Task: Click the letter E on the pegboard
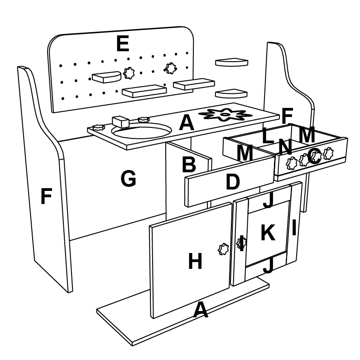click(122, 44)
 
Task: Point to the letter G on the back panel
click(128, 179)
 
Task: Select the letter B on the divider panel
click(188, 164)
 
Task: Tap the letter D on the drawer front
click(232, 182)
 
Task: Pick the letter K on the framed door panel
click(268, 233)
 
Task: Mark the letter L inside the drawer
click(269, 135)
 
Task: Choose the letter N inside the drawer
click(284, 146)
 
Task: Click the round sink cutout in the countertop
click(142, 131)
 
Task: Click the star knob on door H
click(224, 248)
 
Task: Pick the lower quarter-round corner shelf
click(231, 94)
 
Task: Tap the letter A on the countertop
click(187, 123)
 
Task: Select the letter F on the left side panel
click(46, 197)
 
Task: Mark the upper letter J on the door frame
click(268, 201)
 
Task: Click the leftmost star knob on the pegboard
click(129, 73)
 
